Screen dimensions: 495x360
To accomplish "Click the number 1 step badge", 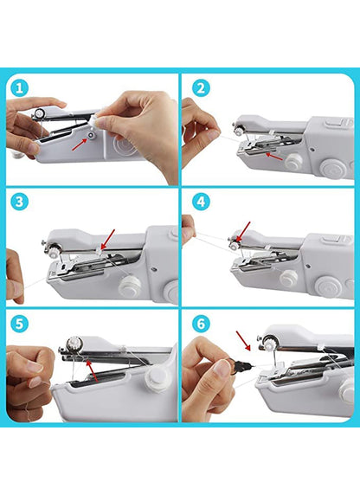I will tap(20, 87).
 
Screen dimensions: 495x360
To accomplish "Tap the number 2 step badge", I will tap(200, 87).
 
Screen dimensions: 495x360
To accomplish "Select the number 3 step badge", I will tap(20, 202).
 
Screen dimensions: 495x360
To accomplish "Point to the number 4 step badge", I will tap(200, 202).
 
